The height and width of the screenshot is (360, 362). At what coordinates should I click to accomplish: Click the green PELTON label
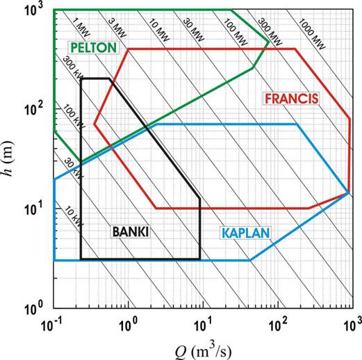tap(93, 47)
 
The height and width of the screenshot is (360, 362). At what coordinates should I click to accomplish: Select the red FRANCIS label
tap(292, 99)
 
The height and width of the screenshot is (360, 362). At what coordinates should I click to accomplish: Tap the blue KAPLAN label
tap(246, 233)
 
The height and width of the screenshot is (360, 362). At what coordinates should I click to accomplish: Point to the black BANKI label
tap(130, 231)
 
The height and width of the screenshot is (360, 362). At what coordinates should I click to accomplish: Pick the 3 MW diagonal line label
tap(117, 28)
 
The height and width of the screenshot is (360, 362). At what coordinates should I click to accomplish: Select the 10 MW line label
tap(158, 30)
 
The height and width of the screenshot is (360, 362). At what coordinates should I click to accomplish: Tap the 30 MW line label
tap(194, 30)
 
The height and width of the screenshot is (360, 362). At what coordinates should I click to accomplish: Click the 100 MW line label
tap(236, 32)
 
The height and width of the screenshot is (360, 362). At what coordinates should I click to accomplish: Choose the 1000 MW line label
tap(312, 34)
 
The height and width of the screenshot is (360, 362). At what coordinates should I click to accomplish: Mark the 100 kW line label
tap(74, 117)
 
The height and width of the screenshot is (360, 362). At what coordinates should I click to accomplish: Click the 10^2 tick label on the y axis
tap(33, 109)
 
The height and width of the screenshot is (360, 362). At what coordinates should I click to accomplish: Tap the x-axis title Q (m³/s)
tap(203, 351)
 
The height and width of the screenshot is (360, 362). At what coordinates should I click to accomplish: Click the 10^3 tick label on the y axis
tap(33, 10)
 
